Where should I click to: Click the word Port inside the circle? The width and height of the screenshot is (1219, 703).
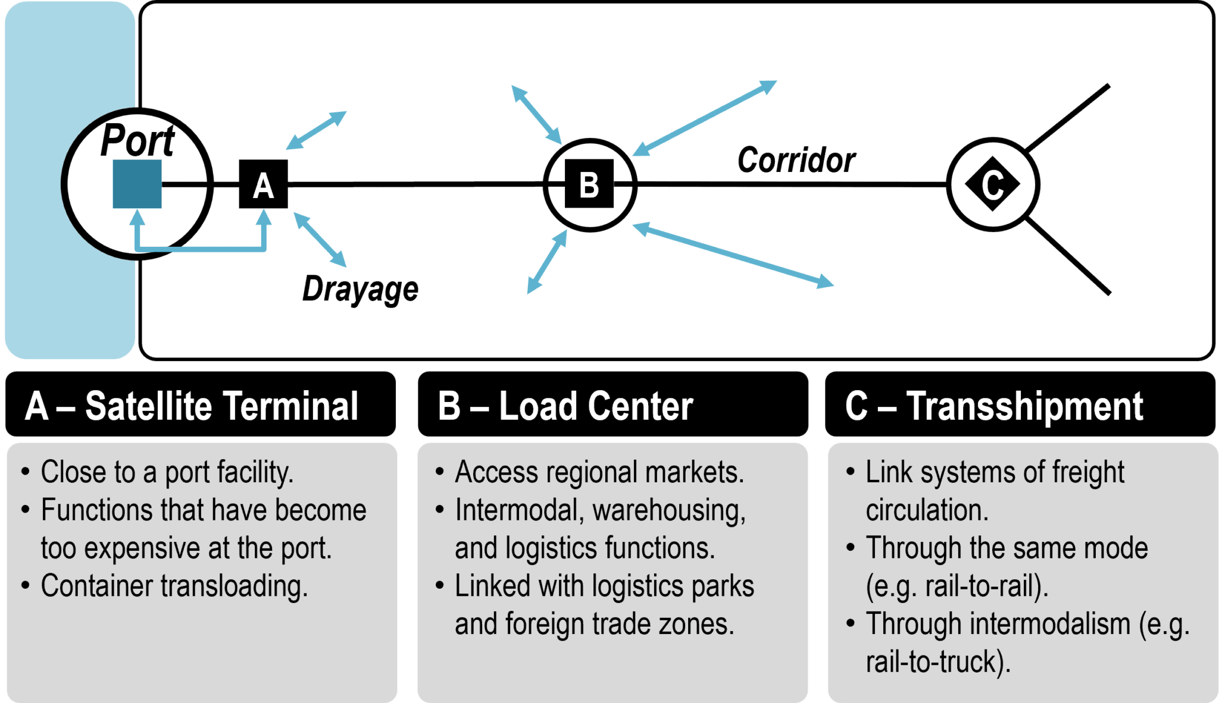137,142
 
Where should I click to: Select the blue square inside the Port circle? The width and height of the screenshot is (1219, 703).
137,184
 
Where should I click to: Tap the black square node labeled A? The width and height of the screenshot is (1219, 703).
263,184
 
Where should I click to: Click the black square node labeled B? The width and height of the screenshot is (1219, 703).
589,184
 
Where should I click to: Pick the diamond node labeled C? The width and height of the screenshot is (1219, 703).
992,184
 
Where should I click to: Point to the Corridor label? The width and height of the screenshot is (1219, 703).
796,161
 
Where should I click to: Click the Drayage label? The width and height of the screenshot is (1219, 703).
360,289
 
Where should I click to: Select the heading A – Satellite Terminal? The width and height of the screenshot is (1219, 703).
192,406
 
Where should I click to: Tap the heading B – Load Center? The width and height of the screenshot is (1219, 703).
565,406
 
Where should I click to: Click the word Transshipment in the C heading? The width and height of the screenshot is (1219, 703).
1024,406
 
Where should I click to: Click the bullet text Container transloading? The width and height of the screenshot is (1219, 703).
174,586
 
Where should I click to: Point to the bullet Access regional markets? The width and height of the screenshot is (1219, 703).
599,472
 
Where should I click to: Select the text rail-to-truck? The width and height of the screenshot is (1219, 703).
937,662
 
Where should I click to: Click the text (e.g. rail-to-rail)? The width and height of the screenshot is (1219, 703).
957,586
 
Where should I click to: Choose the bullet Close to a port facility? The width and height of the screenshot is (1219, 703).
167,472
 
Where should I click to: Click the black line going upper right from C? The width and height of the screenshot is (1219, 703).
1069,117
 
